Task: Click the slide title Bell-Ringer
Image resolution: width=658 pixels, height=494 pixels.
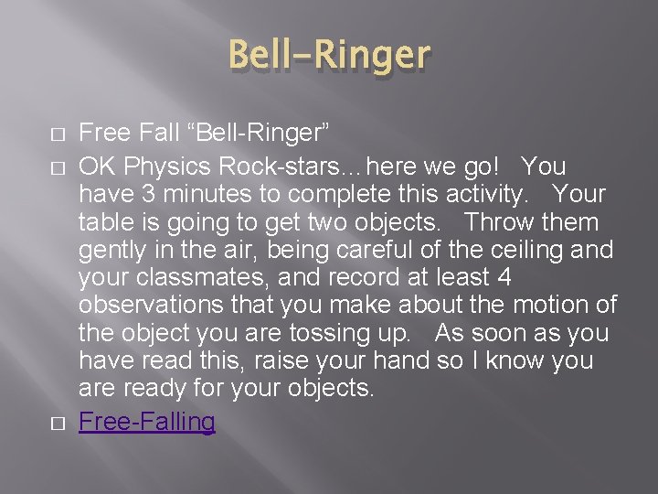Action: (329, 55)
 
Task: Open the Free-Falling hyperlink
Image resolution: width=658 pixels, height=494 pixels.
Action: (147, 422)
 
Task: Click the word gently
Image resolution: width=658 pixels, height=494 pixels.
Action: (114, 250)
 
